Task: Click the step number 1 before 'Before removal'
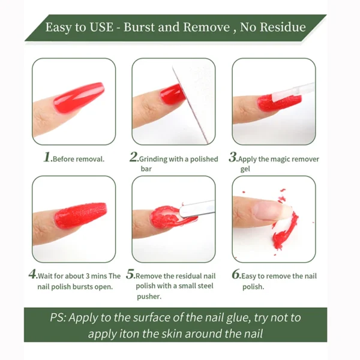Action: coord(47,158)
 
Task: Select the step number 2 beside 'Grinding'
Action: coord(134,158)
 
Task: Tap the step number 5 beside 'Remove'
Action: coord(131,275)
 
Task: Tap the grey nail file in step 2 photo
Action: coord(192,102)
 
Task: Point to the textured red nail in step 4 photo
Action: coord(81,213)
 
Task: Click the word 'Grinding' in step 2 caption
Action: coord(154,160)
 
